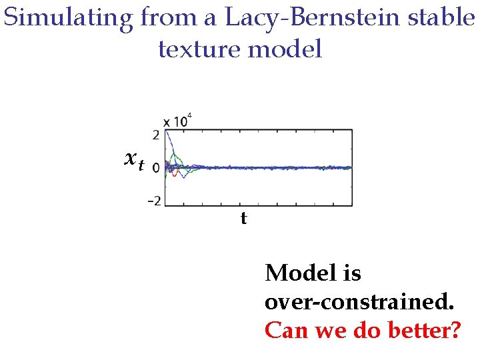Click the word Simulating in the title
tap(67, 18)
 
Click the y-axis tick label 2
tap(155, 135)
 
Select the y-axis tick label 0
tap(155, 168)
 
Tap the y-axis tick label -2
tap(153, 201)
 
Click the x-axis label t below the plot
tap(243, 218)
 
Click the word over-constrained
tap(359, 302)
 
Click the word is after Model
tap(351, 273)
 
